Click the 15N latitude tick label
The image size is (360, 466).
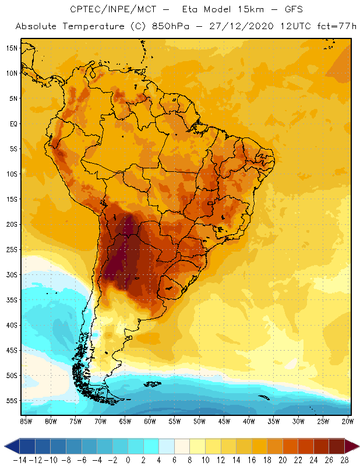click(x=12, y=48)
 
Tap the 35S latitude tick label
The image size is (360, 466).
click(x=12, y=300)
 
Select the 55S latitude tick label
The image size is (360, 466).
click(x=12, y=401)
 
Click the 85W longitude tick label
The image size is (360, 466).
click(x=26, y=420)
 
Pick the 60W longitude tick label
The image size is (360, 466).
click(x=150, y=420)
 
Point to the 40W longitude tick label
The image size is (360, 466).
click(x=249, y=420)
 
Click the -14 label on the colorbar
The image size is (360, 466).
click(x=19, y=459)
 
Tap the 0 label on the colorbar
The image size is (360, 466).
click(x=128, y=459)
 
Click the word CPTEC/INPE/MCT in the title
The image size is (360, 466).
click(x=109, y=10)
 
